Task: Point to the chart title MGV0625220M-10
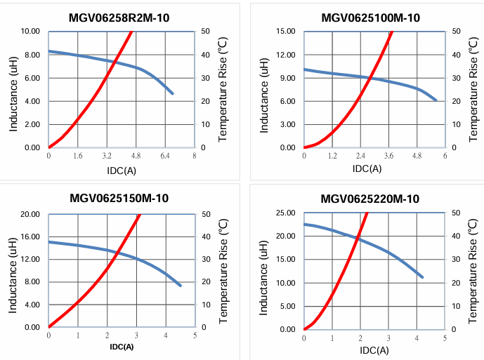point(370,199)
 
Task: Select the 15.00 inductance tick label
point(285,32)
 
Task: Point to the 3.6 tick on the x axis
point(388,155)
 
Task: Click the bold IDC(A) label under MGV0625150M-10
point(121,347)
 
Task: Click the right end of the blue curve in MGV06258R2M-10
point(172,93)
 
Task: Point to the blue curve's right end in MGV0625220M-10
point(422,277)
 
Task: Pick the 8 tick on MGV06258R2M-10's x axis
point(194,155)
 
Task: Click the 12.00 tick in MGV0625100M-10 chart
point(285,55)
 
